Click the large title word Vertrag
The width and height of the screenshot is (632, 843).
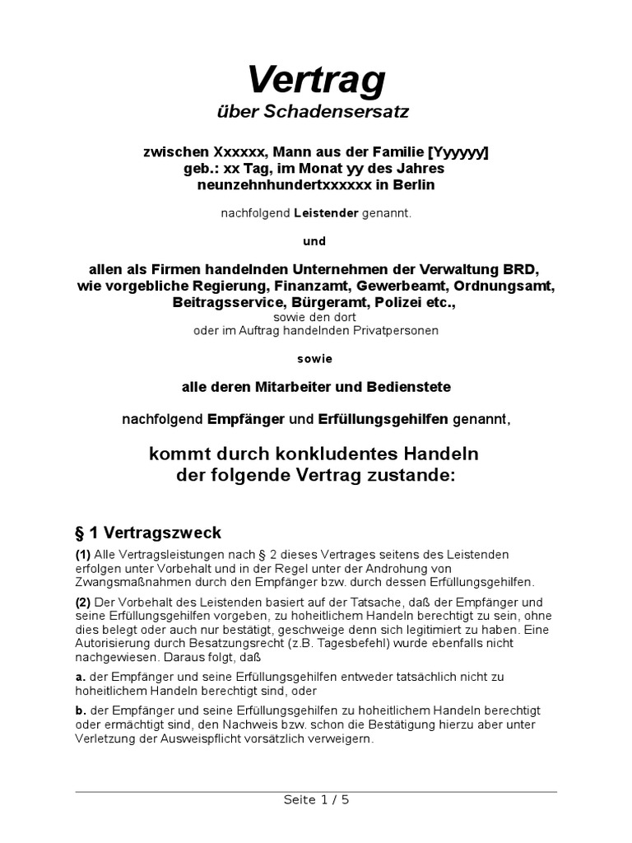tap(316, 80)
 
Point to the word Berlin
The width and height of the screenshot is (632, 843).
tap(415, 185)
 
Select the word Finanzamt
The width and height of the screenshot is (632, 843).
tap(313, 286)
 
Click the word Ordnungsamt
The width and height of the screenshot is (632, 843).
tap(508, 286)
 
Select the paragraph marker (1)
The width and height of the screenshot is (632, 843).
tap(83, 554)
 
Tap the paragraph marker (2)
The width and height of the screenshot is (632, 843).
tap(83, 602)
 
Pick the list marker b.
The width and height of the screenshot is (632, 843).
tap(80, 710)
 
